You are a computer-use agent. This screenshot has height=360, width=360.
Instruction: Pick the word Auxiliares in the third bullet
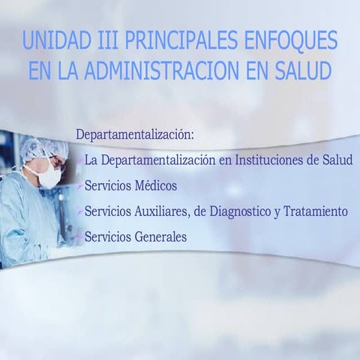click(x=160, y=211)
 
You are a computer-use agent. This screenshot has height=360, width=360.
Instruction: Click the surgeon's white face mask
click(x=49, y=177)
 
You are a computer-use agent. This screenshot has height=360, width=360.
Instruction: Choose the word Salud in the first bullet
click(x=337, y=160)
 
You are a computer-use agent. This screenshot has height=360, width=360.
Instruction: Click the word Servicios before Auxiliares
click(x=107, y=211)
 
